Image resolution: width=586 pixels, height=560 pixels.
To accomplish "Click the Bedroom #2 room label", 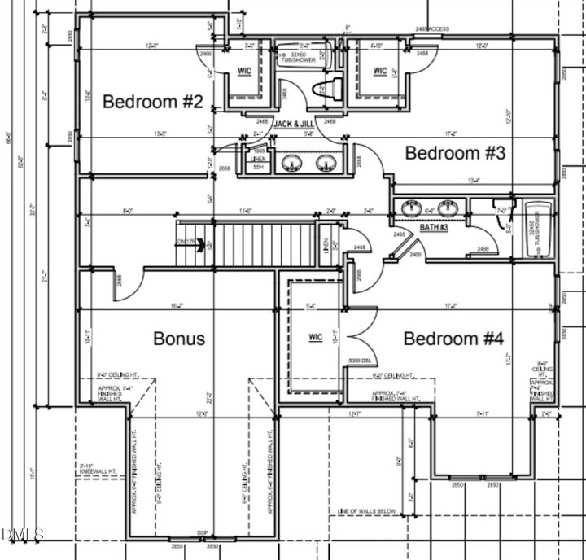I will click(152, 102).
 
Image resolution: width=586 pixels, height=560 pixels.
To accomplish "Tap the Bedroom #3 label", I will click(456, 152).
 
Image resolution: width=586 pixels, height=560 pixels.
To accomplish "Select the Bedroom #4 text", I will click(454, 338).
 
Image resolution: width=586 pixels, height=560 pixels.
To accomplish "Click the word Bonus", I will click(179, 338).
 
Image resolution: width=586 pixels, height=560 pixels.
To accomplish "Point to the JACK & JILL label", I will click(294, 124).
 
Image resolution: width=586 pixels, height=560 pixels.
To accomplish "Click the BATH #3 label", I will click(434, 228).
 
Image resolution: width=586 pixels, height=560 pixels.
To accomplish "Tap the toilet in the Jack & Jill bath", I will click(319, 88).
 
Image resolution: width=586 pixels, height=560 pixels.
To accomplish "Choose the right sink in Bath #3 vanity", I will click(447, 208).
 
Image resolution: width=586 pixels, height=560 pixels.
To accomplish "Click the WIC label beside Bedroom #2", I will click(244, 71).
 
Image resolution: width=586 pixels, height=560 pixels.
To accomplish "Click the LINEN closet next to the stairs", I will click(326, 244).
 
